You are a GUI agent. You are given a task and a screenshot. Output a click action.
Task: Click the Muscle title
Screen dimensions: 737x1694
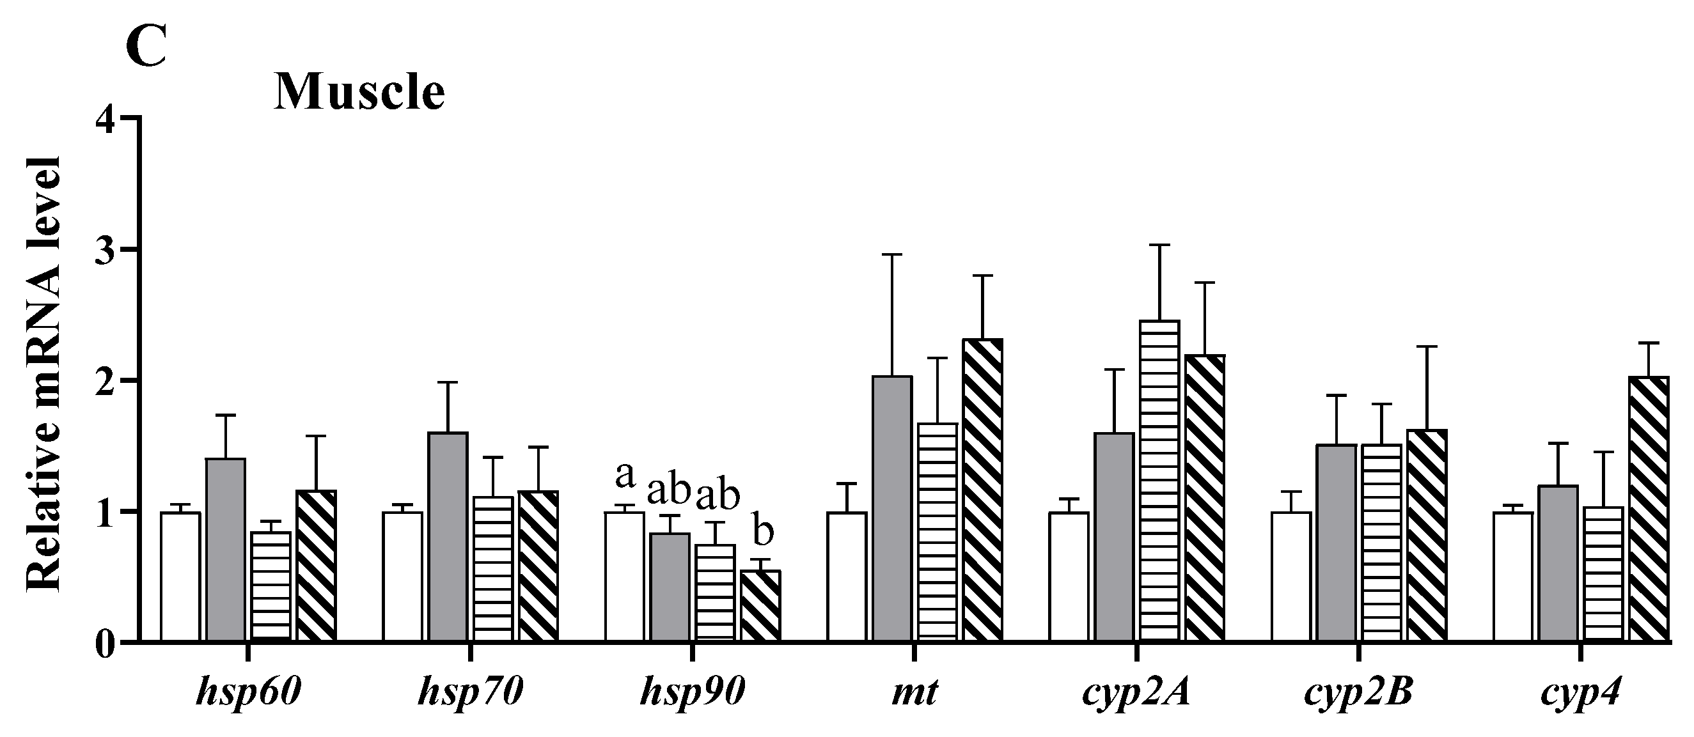coord(359,93)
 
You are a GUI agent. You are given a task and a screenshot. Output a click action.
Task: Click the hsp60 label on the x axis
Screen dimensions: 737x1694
coord(248,693)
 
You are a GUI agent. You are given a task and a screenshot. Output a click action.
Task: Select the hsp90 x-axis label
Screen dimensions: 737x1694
coord(692,693)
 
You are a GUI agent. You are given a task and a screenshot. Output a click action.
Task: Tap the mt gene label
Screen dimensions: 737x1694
coord(914,693)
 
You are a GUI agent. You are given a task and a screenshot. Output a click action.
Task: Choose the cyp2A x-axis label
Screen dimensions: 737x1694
coord(1136,694)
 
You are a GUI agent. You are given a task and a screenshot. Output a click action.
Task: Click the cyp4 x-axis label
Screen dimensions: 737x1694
coord(1581,694)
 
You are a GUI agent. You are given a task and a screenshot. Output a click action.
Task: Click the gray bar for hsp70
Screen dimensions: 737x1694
coord(448,536)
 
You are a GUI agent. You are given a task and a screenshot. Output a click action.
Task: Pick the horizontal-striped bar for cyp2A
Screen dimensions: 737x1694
coord(1160,480)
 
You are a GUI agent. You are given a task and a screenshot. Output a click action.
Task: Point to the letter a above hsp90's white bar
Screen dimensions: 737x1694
coord(625,476)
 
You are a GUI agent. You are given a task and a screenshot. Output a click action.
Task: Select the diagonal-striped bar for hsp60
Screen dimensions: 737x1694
coord(316,566)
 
